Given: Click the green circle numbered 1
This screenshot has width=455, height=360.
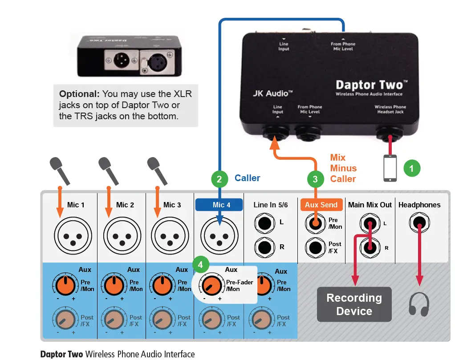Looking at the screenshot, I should point(412,168).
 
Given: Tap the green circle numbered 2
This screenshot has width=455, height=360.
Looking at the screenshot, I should point(219,179).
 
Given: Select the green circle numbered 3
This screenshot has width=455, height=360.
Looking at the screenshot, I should point(315,179).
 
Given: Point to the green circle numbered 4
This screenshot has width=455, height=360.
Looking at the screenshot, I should point(200,264).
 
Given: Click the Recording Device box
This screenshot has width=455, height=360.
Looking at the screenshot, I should point(354,304).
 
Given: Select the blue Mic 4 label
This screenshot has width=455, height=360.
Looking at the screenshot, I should point(219,205).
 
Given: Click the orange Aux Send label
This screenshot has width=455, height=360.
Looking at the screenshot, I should point(321,205).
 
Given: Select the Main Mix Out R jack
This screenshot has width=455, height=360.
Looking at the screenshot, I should point(370,247).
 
